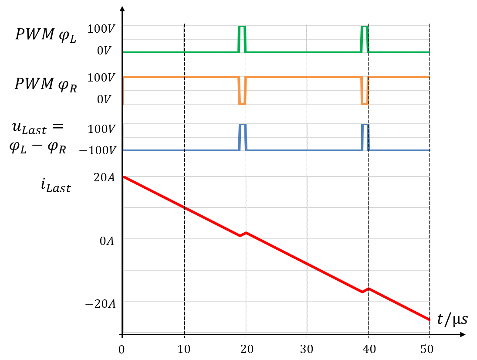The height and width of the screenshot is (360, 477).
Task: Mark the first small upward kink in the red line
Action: point(246,233)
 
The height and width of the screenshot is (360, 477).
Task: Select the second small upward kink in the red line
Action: point(368,288)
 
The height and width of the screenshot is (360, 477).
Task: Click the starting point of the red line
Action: point(124,177)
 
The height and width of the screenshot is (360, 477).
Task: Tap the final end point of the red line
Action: point(430,320)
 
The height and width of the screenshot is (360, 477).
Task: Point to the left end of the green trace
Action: point(124,52)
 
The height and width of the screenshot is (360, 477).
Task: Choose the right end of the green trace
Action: point(429,52)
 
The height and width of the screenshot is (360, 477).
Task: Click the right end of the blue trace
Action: point(429,150)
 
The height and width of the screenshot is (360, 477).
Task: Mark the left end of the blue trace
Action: point(124,150)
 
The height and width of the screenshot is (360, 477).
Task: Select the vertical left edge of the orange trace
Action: point(124,91)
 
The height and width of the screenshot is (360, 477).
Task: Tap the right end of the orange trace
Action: point(429,77)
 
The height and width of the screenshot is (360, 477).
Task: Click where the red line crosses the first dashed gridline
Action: point(185,207)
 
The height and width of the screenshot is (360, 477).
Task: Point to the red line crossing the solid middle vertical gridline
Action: point(308,264)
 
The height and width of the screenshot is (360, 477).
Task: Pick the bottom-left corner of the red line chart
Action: point(124,333)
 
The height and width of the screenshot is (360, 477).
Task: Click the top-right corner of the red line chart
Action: point(430,177)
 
